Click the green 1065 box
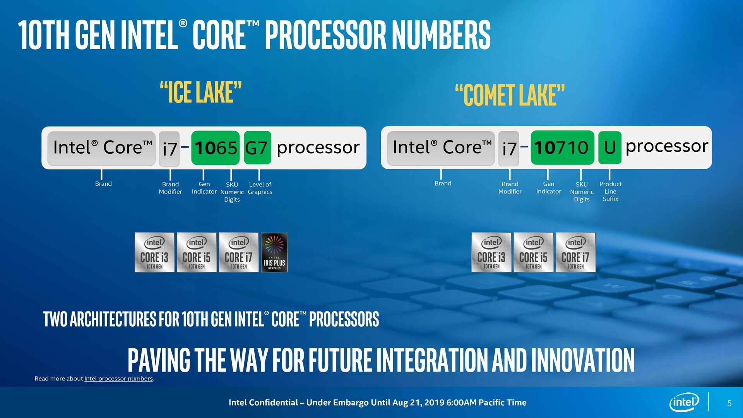(x=216, y=147)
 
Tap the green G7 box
(x=257, y=147)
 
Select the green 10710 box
(x=562, y=147)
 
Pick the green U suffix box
(x=610, y=147)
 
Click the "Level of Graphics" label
(x=260, y=188)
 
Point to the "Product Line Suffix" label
(x=610, y=192)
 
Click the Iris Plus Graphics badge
(x=274, y=252)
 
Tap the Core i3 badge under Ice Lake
(x=154, y=252)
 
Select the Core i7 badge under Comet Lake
(x=575, y=252)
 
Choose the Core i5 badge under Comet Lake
(x=533, y=252)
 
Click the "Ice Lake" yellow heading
(x=201, y=92)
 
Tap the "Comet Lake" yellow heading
(x=510, y=95)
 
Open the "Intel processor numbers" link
(x=118, y=379)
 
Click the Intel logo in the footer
(x=684, y=403)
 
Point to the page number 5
(x=729, y=403)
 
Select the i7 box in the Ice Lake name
(x=169, y=149)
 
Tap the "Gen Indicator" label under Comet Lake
(x=548, y=188)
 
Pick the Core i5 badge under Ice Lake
(x=197, y=252)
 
